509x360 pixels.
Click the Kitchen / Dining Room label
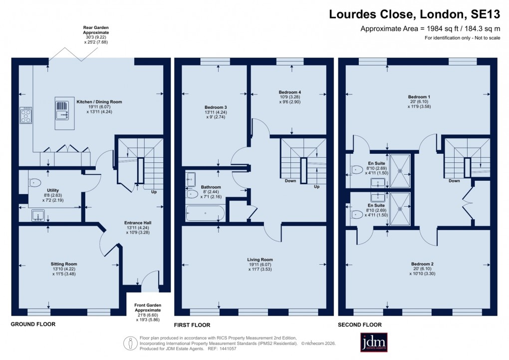click(99, 102)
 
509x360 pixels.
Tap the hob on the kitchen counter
click(25, 116)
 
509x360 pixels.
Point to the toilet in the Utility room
click(33, 183)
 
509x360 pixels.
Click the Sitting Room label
click(64, 264)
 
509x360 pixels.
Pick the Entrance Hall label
click(138, 223)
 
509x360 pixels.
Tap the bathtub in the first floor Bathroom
click(205, 214)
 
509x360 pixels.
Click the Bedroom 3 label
click(216, 107)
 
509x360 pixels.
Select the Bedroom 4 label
click(289, 92)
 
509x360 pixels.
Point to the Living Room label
click(260, 260)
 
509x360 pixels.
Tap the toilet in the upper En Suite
click(356, 169)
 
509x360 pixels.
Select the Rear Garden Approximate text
click(95, 32)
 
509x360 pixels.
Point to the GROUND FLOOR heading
click(33, 325)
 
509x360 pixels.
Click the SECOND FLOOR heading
click(360, 325)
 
